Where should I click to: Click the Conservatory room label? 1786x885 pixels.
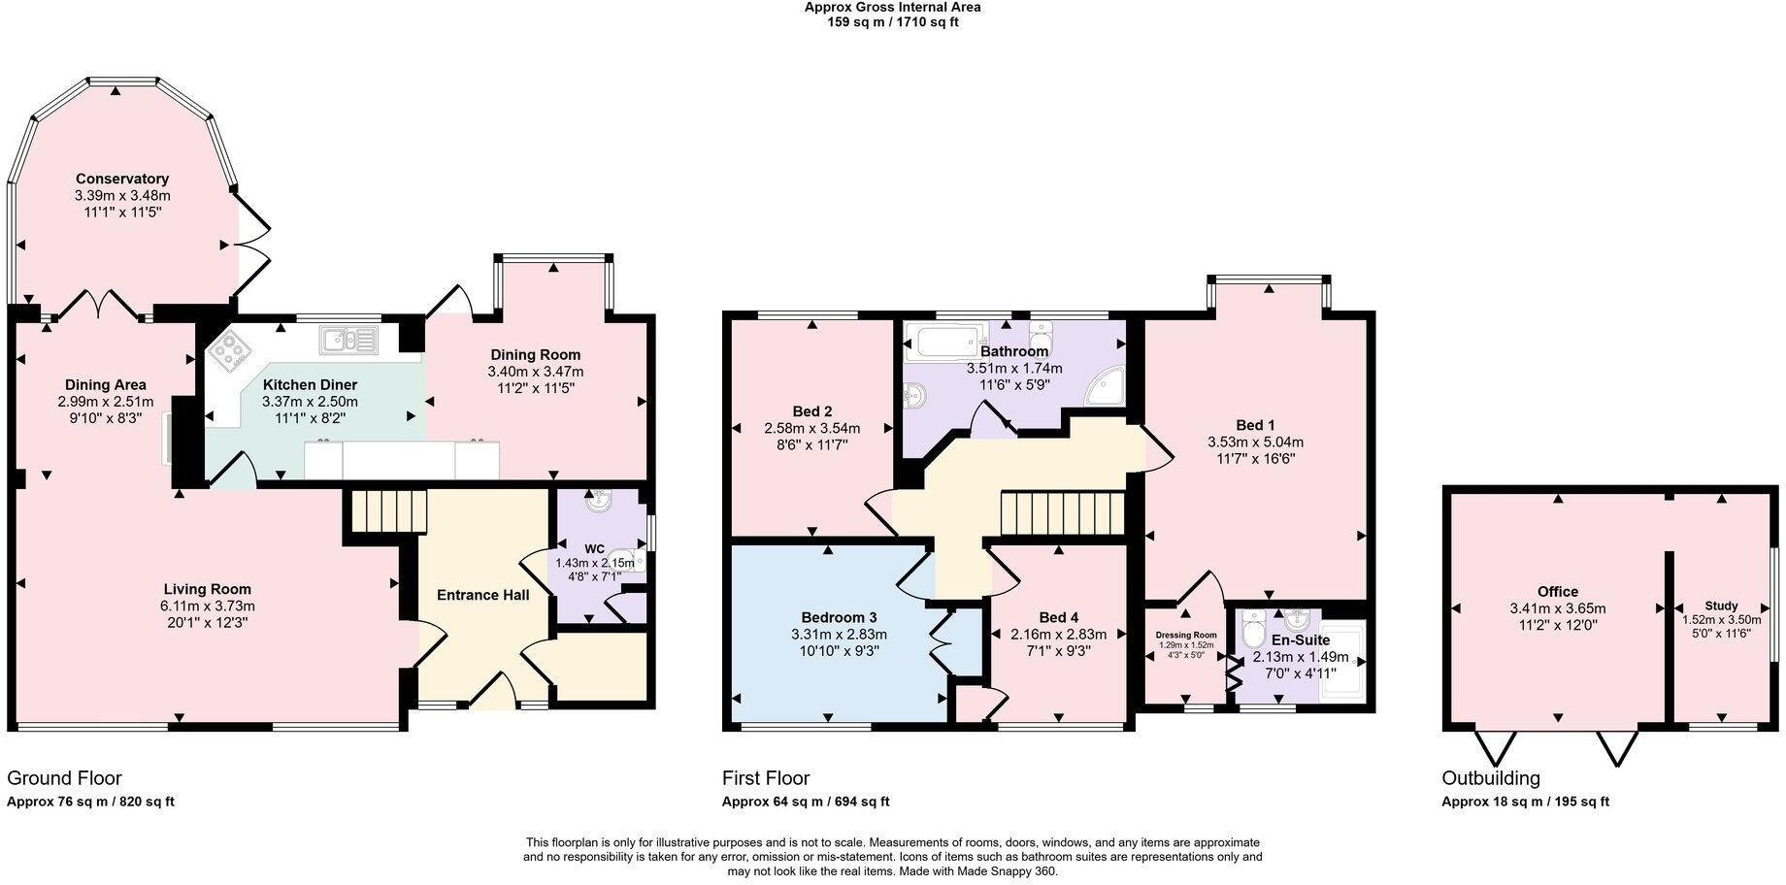pyautogui.click(x=122, y=179)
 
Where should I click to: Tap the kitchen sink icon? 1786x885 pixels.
pyautogui.click(x=347, y=340)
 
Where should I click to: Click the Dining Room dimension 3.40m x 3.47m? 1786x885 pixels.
pyautogui.click(x=536, y=372)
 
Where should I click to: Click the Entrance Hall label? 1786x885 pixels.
pyautogui.click(x=482, y=595)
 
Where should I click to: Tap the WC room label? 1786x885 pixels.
pyautogui.click(x=594, y=548)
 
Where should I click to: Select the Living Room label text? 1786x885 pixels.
pyautogui.click(x=207, y=589)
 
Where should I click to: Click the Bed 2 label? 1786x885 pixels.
pyautogui.click(x=811, y=411)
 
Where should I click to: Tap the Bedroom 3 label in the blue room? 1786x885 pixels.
pyautogui.click(x=839, y=617)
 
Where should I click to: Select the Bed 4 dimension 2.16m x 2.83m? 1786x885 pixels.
pyautogui.click(x=1059, y=635)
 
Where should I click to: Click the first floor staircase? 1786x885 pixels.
pyautogui.click(x=1063, y=512)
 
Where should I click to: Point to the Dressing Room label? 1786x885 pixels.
pyautogui.click(x=1185, y=635)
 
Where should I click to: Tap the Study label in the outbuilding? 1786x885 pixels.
pyautogui.click(x=1721, y=606)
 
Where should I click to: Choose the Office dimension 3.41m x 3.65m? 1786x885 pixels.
pyautogui.click(x=1557, y=608)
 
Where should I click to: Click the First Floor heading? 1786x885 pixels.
pyautogui.click(x=765, y=778)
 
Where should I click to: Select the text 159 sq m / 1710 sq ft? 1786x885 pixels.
pyautogui.click(x=892, y=21)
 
